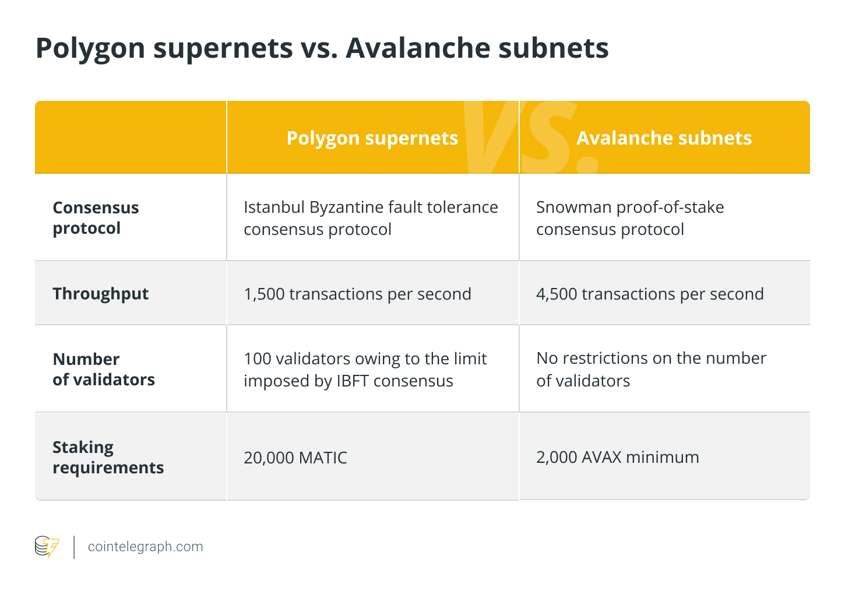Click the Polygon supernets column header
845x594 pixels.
372,138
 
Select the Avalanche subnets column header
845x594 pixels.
664,138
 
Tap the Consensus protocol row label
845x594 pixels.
96,217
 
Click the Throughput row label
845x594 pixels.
100,293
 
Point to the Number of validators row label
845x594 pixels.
104,369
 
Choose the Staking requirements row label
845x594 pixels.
108,457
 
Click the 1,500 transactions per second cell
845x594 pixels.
357,294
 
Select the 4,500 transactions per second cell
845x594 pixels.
650,294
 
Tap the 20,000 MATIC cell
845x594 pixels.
295,458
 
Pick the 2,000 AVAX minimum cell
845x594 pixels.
617,457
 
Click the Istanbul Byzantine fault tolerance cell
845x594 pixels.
371,218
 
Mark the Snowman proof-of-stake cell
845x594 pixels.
630,218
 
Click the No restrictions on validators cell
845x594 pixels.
651,369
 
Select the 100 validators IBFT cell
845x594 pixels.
365,370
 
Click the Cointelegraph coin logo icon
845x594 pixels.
47,547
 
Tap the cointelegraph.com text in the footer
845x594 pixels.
145,547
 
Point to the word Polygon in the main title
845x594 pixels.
90,49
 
